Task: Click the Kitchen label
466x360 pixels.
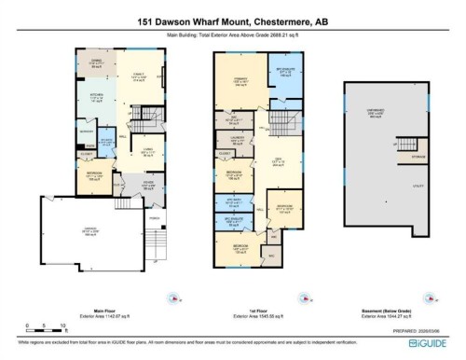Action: click(94, 97)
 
